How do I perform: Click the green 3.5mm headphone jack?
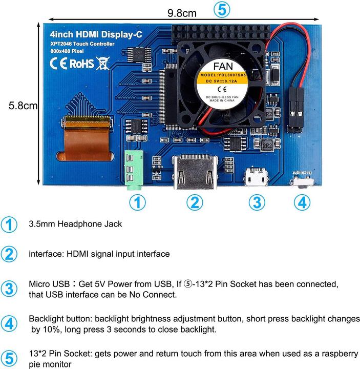(x=133, y=170)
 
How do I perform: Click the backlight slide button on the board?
(x=302, y=181)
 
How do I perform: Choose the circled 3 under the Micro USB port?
(x=257, y=203)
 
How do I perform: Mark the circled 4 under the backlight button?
(x=302, y=203)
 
